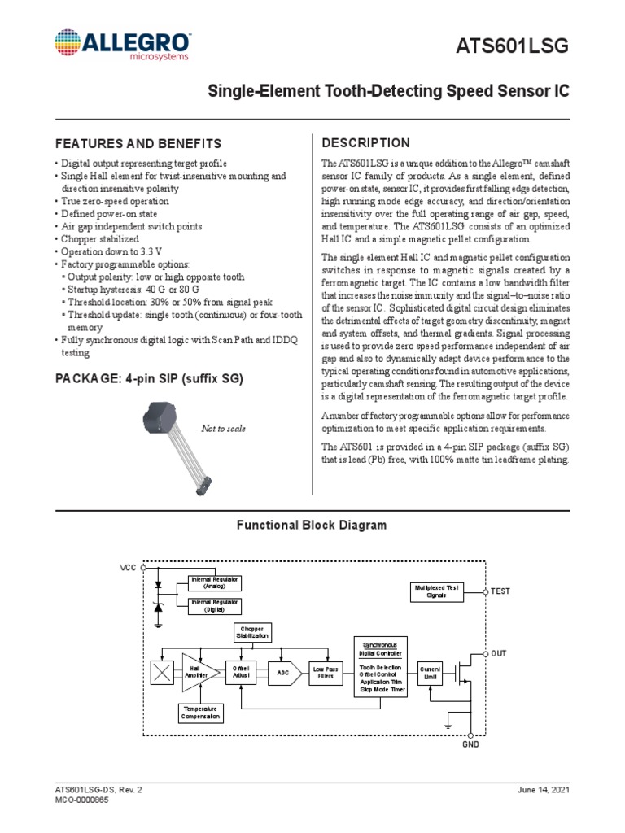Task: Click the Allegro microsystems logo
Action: pyautogui.click(x=123, y=46)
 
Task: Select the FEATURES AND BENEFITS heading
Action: pyautogui.click(x=138, y=142)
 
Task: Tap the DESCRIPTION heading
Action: pyautogui.click(x=366, y=142)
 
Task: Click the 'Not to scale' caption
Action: pyautogui.click(x=223, y=429)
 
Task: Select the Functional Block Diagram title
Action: pyautogui.click(x=312, y=526)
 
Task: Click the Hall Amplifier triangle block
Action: pyautogui.click(x=197, y=672)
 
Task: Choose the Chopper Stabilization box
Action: pyautogui.click(x=252, y=632)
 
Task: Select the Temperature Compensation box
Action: pyautogui.click(x=200, y=713)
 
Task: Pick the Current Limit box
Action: pyautogui.click(x=429, y=672)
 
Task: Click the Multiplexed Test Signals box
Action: pyautogui.click(x=436, y=591)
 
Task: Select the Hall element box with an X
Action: pyautogui.click(x=162, y=672)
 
